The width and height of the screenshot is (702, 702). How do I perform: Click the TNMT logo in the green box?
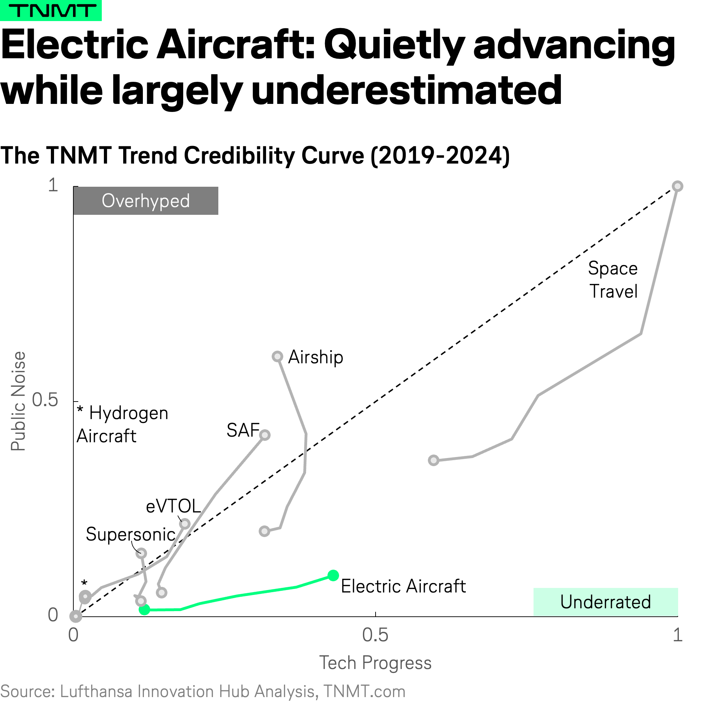51,11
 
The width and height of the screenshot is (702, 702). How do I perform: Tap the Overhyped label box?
146,200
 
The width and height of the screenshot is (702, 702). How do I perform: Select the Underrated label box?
605,602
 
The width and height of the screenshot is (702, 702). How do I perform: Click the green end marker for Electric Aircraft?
333,575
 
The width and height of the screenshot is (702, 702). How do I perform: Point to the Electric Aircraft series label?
403,586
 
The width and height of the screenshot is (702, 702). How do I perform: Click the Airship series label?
316,357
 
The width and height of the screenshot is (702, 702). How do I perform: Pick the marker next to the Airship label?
278,357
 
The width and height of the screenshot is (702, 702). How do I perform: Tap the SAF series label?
243,430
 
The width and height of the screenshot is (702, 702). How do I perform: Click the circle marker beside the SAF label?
265,435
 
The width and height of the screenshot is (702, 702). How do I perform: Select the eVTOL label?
173,506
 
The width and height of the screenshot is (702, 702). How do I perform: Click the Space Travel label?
613,280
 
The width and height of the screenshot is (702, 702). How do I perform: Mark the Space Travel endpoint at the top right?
677,186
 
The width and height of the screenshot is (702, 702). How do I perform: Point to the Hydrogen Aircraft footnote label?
123,424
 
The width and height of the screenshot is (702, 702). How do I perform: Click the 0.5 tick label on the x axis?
375,635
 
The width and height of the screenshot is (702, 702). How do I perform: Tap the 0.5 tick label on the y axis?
45,400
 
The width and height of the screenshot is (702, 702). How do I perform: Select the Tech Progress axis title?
375,663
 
